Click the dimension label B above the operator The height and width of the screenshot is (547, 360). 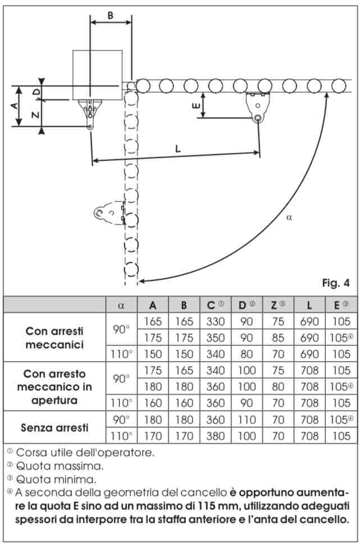point(111,16)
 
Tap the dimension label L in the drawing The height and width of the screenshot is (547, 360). point(178,149)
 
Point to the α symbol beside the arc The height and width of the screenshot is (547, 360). point(289,217)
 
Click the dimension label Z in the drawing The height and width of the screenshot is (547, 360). point(35,115)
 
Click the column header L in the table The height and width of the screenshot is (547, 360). point(309,305)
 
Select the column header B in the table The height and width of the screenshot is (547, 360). point(184,305)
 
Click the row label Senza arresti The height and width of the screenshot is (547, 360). point(54,427)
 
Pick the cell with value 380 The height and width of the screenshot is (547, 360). point(215,435)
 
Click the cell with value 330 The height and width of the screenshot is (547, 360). point(215,322)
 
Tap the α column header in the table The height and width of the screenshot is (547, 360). point(121,305)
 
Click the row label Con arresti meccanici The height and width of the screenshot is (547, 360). point(54,337)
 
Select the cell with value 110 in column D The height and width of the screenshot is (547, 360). point(247,419)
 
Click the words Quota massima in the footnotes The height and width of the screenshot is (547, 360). point(60,466)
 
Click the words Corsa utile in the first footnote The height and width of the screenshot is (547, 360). point(46,452)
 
